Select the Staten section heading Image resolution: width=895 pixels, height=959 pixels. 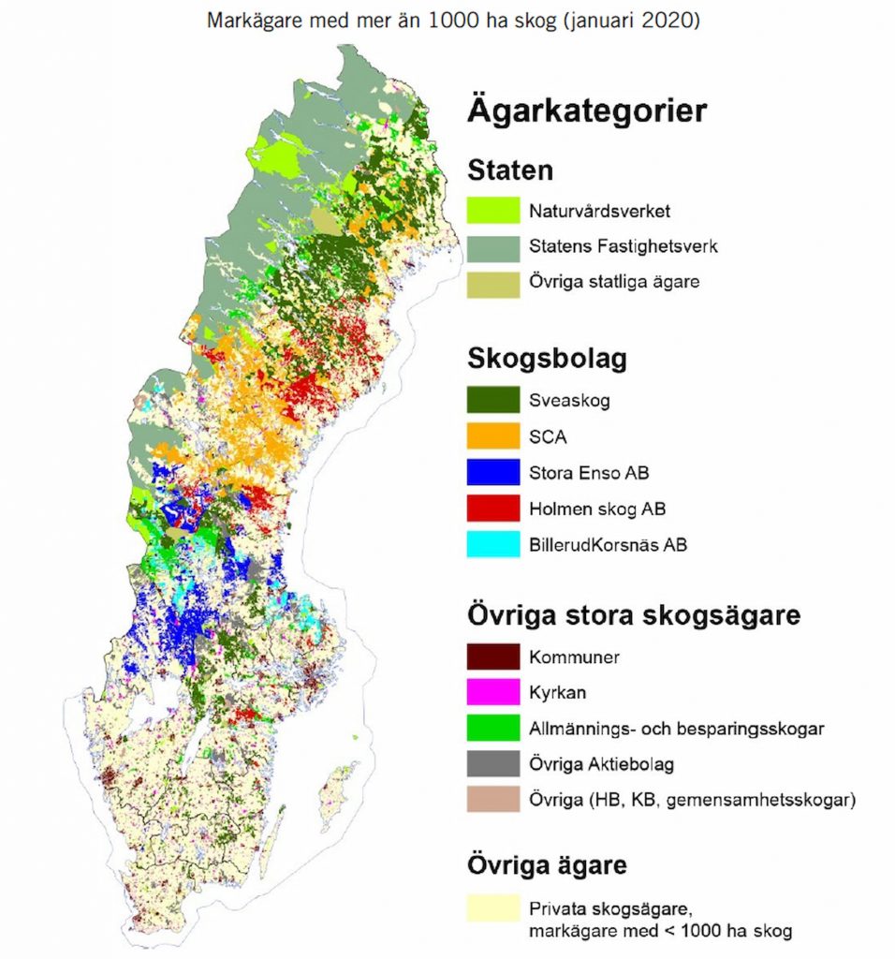point(510,171)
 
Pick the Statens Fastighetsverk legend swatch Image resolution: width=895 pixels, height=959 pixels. point(492,247)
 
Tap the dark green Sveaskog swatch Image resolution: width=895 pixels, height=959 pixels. point(492,400)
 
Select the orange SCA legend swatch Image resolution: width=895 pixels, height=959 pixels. point(492,435)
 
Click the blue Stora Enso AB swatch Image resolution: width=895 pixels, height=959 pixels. point(492,472)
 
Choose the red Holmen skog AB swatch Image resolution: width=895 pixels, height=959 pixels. point(492,509)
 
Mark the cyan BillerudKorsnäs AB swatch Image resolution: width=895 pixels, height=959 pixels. point(492,544)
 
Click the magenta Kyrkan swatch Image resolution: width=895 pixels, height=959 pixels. point(492,692)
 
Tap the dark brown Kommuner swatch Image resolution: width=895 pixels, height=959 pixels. point(492,657)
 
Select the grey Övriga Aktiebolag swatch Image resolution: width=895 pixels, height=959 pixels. point(492,764)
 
